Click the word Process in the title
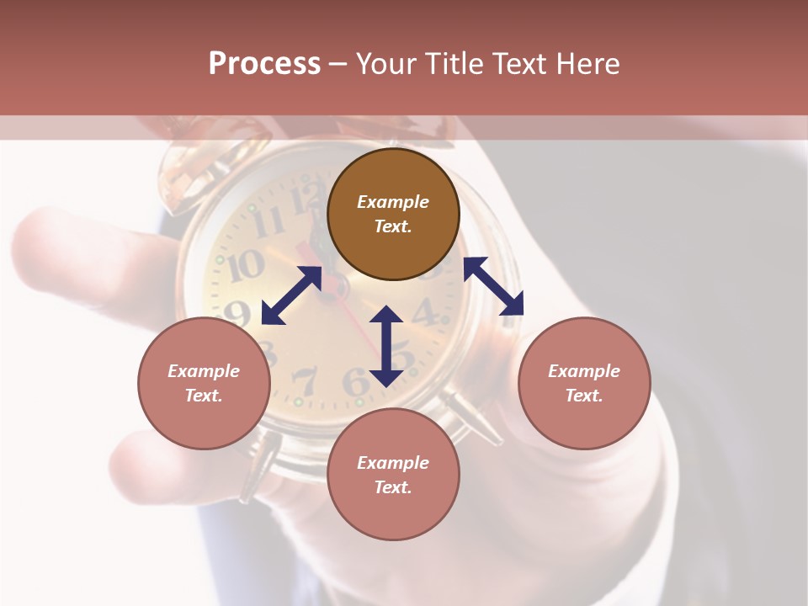264,64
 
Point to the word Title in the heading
459,64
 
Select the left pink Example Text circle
204,383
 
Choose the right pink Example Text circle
584,383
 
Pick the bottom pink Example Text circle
393,475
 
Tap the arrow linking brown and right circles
493,286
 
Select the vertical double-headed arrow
386,346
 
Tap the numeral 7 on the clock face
304,380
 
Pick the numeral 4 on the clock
428,312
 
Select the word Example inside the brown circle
393,202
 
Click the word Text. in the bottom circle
393,487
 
